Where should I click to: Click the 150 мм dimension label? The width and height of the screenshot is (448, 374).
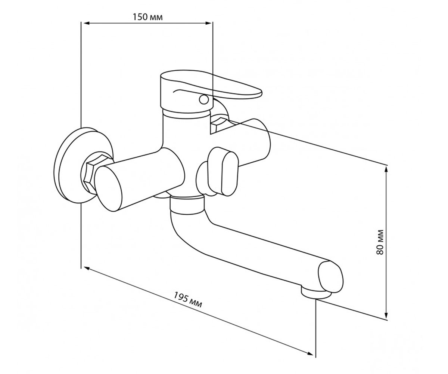pyautogui.click(x=147, y=17)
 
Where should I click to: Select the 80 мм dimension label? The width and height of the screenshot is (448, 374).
pyautogui.click(x=380, y=242)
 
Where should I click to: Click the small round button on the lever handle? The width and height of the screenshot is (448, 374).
pyautogui.click(x=204, y=99)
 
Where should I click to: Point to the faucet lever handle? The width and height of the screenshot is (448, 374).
pyautogui.click(x=211, y=88)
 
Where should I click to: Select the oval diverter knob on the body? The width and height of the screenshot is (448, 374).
pyautogui.click(x=223, y=172)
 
